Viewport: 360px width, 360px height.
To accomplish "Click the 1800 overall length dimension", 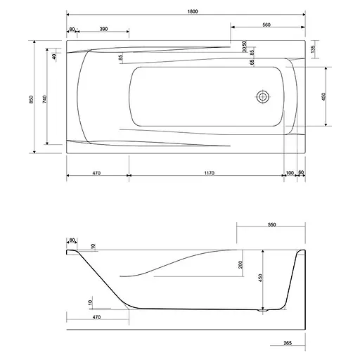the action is click(193, 11).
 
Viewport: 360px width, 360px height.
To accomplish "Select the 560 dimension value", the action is click(266, 25).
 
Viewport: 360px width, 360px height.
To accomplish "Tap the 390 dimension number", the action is click(103, 29).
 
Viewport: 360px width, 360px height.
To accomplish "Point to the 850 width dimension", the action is click(32, 99).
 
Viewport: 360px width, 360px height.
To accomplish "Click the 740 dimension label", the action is click(45, 99).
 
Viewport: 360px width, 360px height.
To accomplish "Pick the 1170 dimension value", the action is click(210, 173).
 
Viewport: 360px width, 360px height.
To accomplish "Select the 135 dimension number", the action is click(314, 49).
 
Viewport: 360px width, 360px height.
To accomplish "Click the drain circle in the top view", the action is click(263, 96).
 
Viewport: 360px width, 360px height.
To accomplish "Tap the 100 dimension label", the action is click(290, 173).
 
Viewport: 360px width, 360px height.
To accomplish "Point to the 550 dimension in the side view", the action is click(271, 224).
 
